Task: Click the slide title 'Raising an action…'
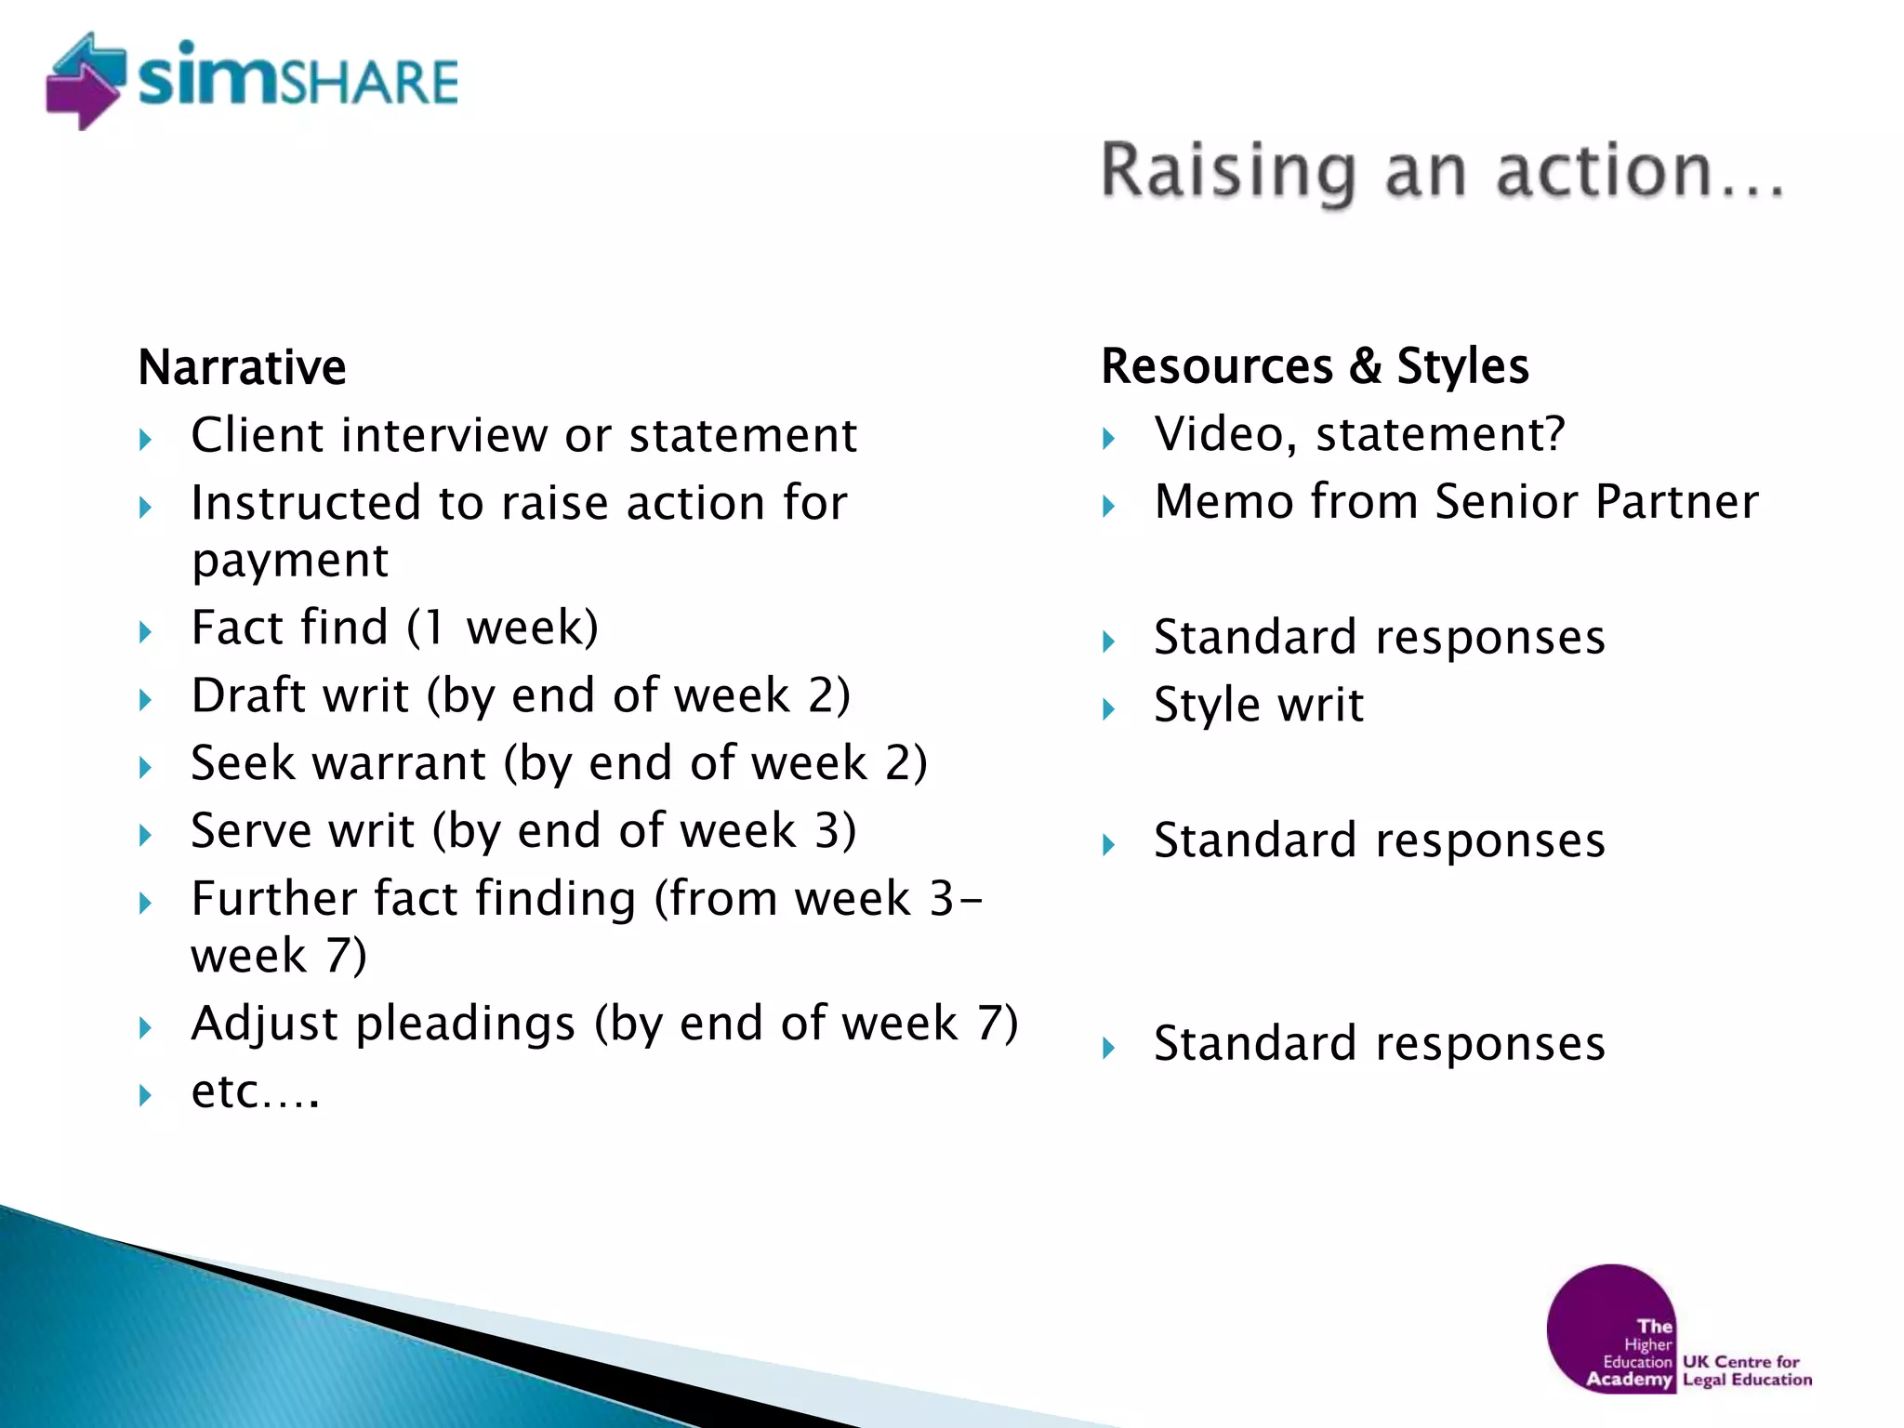tap(1442, 172)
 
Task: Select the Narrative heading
tap(242, 366)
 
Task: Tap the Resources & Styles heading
tap(1315, 365)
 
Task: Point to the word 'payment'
tap(290, 561)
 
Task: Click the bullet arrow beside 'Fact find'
tap(145, 632)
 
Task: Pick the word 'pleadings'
tap(466, 1024)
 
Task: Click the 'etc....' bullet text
tap(256, 1091)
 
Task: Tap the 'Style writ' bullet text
tap(1259, 705)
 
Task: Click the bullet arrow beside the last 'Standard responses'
tap(1108, 1049)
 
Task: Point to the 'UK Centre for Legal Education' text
tap(1746, 1370)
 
